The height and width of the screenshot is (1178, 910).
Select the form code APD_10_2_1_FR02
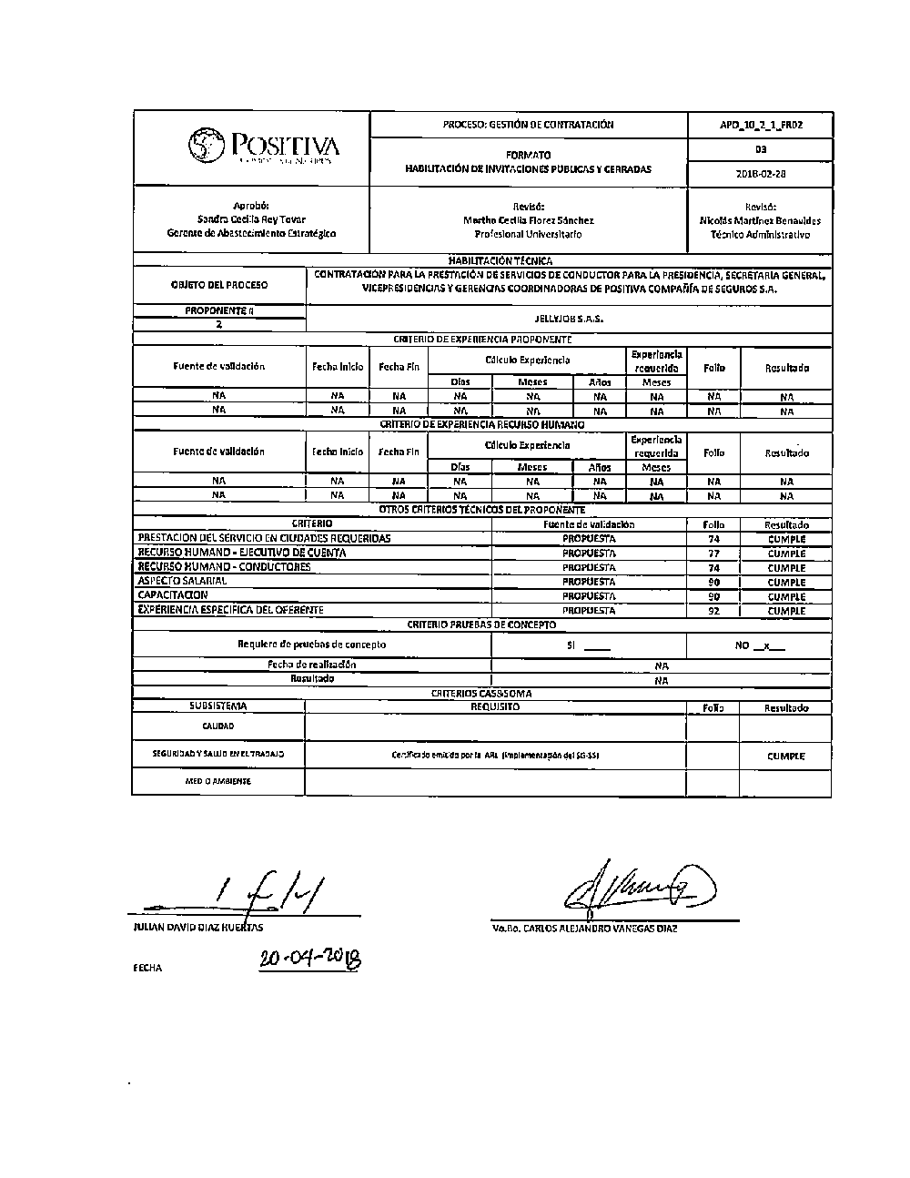point(760,125)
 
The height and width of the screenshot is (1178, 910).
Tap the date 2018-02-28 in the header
point(760,173)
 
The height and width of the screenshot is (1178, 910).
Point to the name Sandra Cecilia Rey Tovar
point(251,219)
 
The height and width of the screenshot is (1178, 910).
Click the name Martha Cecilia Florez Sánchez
point(528,220)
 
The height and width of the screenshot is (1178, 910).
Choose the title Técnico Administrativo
point(760,234)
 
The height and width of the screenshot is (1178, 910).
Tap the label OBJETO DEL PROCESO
point(219,285)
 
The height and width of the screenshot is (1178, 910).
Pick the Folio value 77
point(713,553)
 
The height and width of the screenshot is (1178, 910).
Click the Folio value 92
point(713,611)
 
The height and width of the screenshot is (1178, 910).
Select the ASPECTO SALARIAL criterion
point(182,581)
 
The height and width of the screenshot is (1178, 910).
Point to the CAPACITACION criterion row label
point(173,595)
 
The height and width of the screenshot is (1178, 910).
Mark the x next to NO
point(767,645)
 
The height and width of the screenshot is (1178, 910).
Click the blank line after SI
point(597,646)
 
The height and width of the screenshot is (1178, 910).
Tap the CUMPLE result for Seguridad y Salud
point(785,756)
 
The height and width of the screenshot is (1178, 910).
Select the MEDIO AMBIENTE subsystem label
point(218,781)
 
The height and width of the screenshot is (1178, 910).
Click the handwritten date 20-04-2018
point(309,959)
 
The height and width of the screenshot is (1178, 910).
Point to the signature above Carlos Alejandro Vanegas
point(637,883)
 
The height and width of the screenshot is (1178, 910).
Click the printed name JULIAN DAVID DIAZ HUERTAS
point(197,928)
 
